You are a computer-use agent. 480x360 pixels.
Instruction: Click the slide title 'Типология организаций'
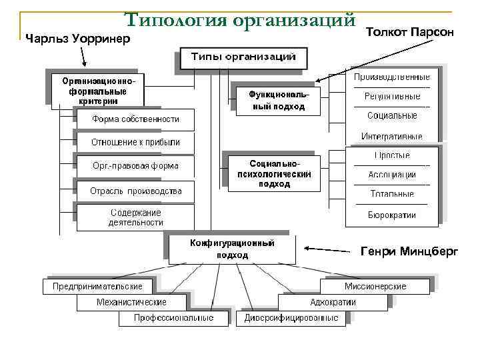[239, 20]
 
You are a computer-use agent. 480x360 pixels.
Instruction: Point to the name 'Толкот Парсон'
[410, 32]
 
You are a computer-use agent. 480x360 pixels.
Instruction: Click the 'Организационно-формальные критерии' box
[98, 89]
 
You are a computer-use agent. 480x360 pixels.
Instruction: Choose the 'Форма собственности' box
[135, 119]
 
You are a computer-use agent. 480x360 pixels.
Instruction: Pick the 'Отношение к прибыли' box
[135, 142]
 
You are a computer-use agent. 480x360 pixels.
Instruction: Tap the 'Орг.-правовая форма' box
[135, 166]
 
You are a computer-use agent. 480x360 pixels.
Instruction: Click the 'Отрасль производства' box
[135, 191]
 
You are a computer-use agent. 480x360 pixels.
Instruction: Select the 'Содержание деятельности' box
[135, 217]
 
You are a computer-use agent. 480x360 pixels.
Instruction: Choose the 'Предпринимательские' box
[97, 287]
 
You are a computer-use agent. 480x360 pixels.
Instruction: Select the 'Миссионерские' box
[375, 287]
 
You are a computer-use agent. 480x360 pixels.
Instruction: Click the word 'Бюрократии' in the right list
[392, 215]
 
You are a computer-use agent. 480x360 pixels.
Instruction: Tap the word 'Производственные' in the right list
[392, 77]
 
